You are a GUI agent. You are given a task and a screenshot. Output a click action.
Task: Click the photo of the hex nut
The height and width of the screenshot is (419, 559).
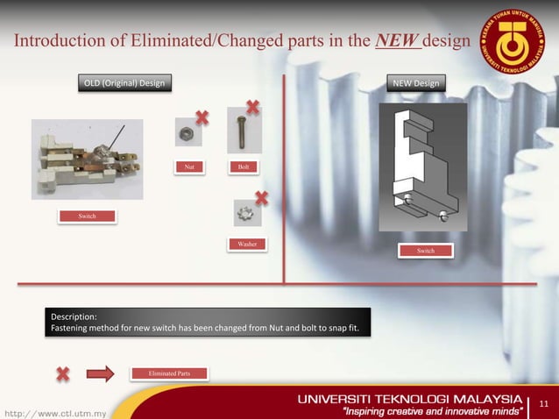click(187, 132)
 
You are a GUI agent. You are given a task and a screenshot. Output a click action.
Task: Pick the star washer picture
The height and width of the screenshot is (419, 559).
click(246, 213)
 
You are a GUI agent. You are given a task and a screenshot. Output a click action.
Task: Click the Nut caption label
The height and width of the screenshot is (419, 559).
click(188, 166)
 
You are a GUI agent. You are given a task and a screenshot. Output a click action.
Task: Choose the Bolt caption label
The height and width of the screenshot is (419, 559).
click(240, 166)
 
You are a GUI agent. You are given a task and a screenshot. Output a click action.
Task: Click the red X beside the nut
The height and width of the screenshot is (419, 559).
click(202, 117)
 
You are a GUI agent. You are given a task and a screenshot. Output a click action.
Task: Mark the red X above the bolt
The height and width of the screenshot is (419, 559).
click(252, 107)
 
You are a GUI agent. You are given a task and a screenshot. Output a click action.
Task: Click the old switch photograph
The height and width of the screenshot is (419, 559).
click(87, 158)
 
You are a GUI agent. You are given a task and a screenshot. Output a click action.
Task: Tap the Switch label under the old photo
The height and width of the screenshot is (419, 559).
click(88, 216)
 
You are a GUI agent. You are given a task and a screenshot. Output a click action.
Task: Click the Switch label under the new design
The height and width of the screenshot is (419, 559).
click(425, 252)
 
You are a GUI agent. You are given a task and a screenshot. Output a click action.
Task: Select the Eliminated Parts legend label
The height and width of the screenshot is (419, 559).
click(171, 373)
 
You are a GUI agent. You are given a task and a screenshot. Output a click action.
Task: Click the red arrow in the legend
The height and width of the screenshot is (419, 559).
click(101, 374)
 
